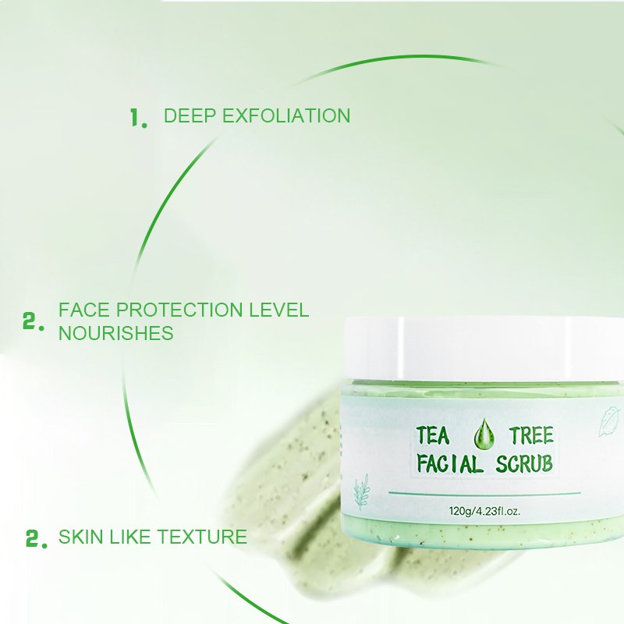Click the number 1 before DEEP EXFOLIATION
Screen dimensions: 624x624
pos(137,119)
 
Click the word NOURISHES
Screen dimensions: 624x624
pos(115,333)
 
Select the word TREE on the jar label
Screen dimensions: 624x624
pos(531,435)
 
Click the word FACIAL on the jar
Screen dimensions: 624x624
pos(448,464)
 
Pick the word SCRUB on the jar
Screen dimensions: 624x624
pos(524,464)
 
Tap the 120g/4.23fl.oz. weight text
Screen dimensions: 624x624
pos(484,512)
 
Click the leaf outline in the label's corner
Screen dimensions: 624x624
pos(608,420)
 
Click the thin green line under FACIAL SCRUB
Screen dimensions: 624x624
pos(484,494)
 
